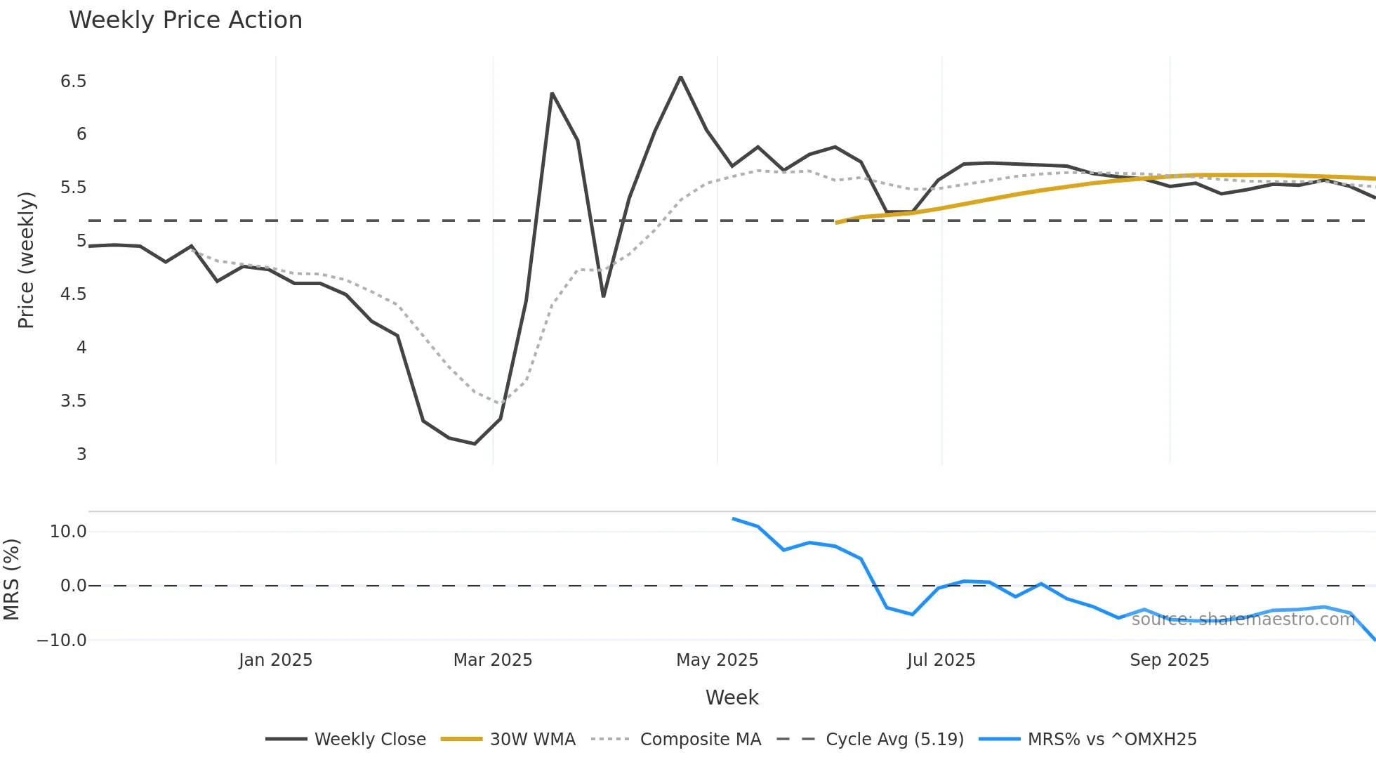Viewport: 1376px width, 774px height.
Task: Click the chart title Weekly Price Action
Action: [185, 20]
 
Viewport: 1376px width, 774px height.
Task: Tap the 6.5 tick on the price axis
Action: [73, 81]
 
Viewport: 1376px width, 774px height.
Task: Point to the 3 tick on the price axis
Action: [81, 454]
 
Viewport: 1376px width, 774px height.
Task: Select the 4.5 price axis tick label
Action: [73, 294]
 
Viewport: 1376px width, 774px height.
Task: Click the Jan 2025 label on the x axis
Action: [275, 660]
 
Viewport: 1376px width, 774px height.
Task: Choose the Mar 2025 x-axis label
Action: [493, 660]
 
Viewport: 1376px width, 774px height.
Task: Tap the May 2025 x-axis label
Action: [717, 660]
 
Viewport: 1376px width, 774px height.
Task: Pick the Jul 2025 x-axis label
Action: [941, 660]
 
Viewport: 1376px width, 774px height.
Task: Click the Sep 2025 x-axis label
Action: [1169, 660]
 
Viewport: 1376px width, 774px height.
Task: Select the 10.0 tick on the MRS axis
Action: [68, 532]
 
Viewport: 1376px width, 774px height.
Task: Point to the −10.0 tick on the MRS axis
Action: [62, 641]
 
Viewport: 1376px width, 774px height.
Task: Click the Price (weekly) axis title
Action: [26, 260]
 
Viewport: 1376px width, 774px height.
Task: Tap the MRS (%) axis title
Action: [11, 579]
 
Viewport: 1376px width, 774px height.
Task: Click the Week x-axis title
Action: [732, 697]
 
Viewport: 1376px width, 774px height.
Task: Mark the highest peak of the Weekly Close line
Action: [680, 77]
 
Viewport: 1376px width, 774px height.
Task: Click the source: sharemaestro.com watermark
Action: [1243, 619]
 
